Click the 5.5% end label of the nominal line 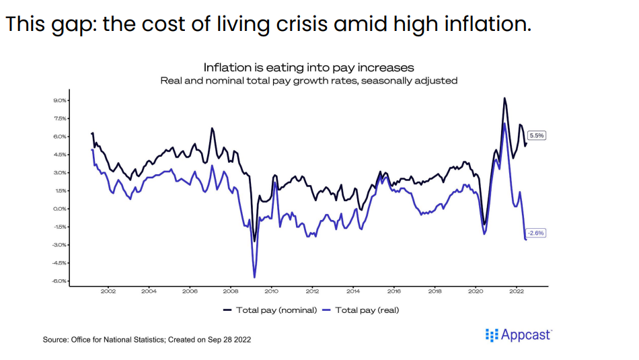[537, 135]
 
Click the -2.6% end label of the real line [536, 233]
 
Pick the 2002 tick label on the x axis [108, 292]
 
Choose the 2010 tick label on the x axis [271, 292]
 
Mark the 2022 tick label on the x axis [516, 292]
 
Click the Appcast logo [518, 334]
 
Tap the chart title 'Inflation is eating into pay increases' [309, 67]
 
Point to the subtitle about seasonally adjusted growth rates [309, 80]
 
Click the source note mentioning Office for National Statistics [147, 340]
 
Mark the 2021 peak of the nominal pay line [504, 98]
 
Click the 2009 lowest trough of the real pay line [254, 277]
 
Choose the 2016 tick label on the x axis [393, 292]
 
